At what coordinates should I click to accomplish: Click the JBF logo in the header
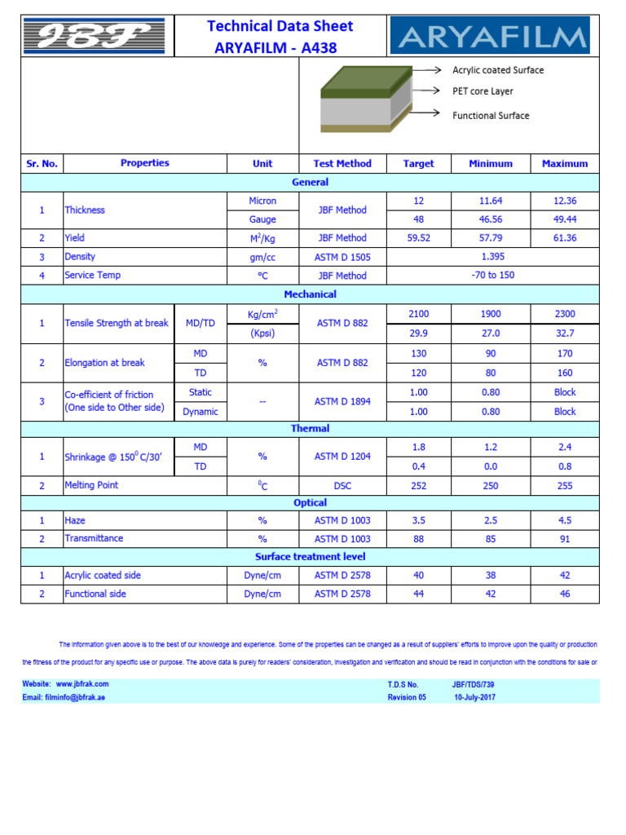(x=94, y=36)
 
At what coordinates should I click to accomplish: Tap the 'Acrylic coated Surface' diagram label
(x=497, y=70)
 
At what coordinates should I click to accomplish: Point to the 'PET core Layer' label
(x=483, y=91)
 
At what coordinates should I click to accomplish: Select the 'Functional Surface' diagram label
(x=491, y=116)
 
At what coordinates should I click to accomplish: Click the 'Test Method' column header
(x=342, y=164)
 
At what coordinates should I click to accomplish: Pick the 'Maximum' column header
(x=564, y=164)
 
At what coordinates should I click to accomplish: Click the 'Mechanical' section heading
(x=310, y=294)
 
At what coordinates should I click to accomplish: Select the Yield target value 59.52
(x=418, y=238)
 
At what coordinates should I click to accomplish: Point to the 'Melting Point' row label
(x=91, y=485)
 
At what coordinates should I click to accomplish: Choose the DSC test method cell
(x=342, y=485)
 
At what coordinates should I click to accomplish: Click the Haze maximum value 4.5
(x=564, y=520)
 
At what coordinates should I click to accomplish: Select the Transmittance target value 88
(x=418, y=539)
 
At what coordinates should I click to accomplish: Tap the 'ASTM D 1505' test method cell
(x=342, y=257)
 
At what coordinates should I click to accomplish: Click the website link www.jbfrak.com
(x=82, y=684)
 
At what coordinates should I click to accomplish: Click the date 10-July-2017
(x=474, y=698)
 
